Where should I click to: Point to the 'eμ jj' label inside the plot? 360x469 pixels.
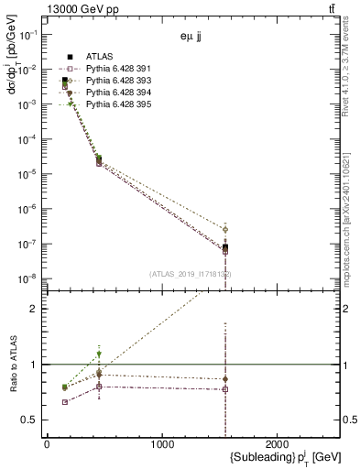coord(191,39)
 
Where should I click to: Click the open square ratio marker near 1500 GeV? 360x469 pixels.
coord(225,389)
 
